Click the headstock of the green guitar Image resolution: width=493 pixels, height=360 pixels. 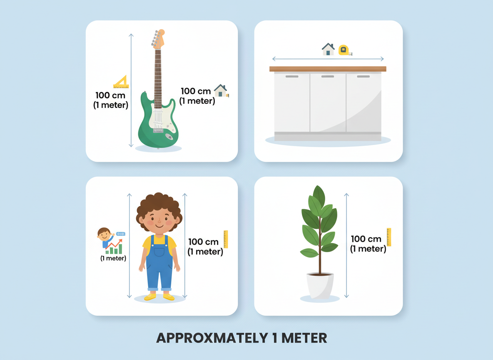(158, 38)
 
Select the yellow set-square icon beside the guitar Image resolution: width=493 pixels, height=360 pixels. (121, 82)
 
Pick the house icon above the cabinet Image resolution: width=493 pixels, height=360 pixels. (328, 49)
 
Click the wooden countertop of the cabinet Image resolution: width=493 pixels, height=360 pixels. (328, 69)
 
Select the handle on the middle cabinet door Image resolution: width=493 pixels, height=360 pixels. (328, 77)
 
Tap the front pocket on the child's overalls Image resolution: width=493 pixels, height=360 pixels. (159, 252)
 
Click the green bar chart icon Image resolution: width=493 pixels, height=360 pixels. (114, 249)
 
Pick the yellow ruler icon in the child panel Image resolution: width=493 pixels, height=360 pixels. (226, 239)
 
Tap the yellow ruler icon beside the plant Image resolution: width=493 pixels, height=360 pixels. (389, 237)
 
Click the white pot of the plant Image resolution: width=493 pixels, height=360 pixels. (320, 285)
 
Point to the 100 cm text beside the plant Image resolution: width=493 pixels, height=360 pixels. (366, 239)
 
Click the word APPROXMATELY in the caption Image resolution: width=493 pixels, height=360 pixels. (210, 338)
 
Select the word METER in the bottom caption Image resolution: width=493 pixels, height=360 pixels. (304, 338)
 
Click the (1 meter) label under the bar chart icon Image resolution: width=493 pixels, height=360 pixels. (113, 258)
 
